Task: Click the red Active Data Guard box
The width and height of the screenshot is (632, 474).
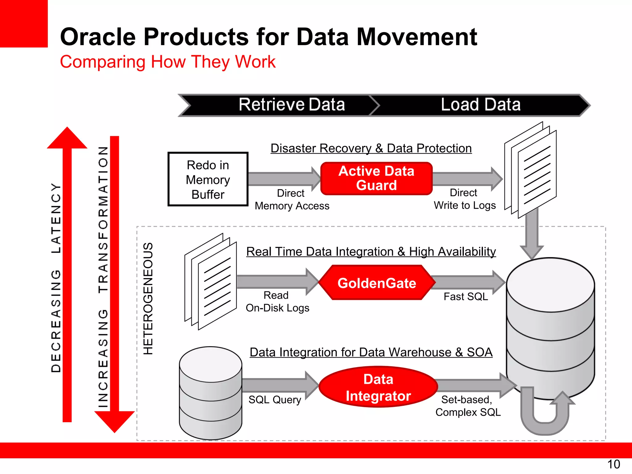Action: pyautogui.click(x=376, y=178)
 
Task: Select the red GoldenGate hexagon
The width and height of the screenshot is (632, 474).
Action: pyautogui.click(x=376, y=283)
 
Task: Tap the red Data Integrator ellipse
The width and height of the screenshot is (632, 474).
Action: pyautogui.click(x=378, y=387)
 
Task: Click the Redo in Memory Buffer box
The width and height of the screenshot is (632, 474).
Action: pyautogui.click(x=208, y=179)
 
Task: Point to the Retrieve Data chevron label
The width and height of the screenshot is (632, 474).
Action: pyautogui.click(x=292, y=105)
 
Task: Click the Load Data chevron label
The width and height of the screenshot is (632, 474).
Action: pyautogui.click(x=480, y=105)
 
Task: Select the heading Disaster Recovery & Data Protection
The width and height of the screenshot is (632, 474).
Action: pyautogui.click(x=371, y=148)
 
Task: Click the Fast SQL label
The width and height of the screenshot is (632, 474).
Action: pyautogui.click(x=465, y=297)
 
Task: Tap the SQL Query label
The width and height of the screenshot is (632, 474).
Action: pyautogui.click(x=275, y=400)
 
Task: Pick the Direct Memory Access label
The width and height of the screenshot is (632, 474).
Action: pyautogui.click(x=292, y=199)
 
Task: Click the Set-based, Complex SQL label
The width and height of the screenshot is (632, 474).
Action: pyautogui.click(x=468, y=406)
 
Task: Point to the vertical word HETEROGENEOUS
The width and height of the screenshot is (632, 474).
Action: pyautogui.click(x=148, y=298)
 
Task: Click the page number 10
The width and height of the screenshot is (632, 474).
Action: pyautogui.click(x=613, y=464)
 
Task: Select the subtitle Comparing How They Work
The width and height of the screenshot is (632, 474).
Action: pyautogui.click(x=168, y=62)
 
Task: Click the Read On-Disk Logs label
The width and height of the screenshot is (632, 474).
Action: pyautogui.click(x=277, y=301)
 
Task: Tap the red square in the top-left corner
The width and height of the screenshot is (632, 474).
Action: pyautogui.click(x=23, y=23)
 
